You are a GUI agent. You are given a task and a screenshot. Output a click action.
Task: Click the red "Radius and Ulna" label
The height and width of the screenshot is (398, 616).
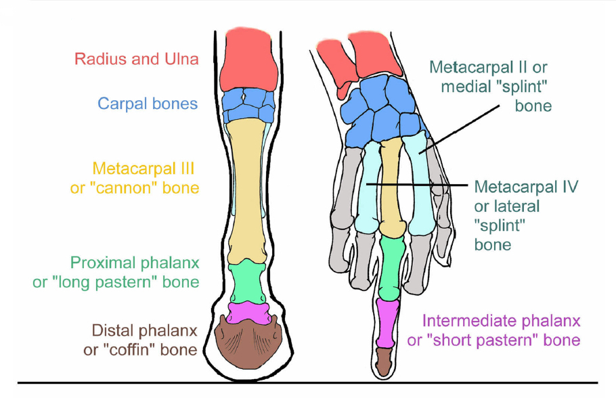coord(137,59)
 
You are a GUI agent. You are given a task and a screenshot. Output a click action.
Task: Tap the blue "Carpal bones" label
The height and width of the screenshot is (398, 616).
coord(148,104)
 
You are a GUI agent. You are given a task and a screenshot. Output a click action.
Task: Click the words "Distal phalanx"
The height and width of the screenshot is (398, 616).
coord(144,330)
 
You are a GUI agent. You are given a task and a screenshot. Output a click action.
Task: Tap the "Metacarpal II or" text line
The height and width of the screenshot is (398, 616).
coord(488,67)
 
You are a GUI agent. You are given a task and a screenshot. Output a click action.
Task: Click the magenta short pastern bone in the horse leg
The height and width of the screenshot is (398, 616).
coord(248,312)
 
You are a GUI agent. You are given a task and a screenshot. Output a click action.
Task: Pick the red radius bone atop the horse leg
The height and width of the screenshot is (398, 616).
coord(248,58)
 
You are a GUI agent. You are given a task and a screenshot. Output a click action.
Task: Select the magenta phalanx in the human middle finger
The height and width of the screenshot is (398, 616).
coord(387,322)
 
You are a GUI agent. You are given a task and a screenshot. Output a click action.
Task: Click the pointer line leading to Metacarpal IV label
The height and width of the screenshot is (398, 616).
coord(420,184)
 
